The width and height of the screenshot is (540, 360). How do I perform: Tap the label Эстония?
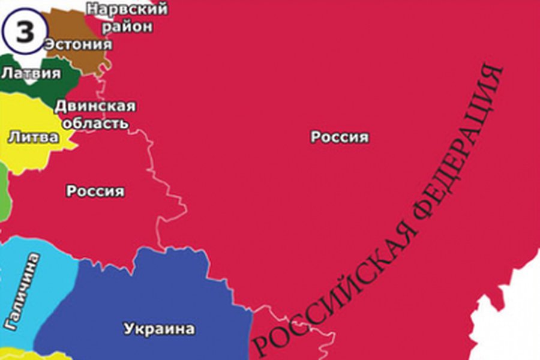click(x=77, y=45)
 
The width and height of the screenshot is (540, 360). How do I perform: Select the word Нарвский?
click(x=127, y=9)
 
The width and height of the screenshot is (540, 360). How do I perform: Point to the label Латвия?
click(x=31, y=74)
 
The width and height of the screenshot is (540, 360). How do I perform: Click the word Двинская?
click(x=95, y=106)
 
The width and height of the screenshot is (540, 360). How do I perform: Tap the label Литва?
click(x=33, y=137)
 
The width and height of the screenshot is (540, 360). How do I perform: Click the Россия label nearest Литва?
click(x=95, y=191)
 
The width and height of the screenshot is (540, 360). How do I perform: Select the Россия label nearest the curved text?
click(x=340, y=137)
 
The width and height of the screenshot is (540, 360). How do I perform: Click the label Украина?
click(x=160, y=329)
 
